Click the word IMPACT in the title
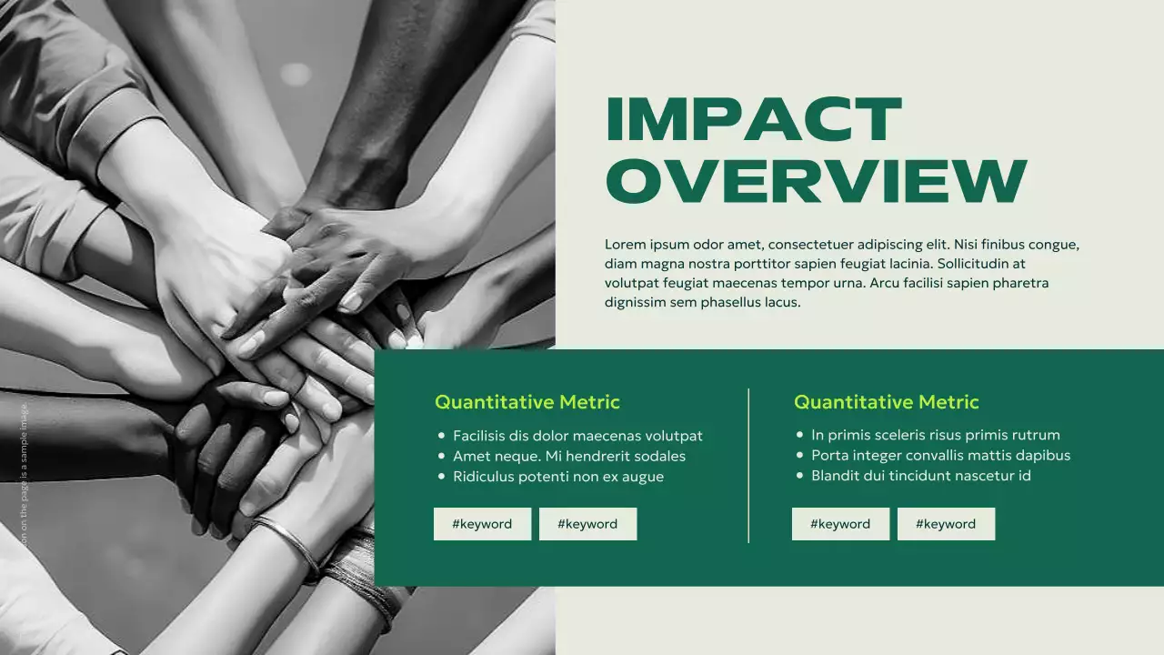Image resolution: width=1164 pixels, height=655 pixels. coord(753,120)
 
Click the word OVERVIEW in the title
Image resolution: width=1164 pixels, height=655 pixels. coord(816,180)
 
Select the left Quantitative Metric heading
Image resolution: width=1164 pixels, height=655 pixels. coord(527,402)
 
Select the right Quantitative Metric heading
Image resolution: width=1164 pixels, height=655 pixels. coord(886,402)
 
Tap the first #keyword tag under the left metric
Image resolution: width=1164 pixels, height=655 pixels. coord(482,524)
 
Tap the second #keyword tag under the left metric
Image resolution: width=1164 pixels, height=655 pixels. coord(587,524)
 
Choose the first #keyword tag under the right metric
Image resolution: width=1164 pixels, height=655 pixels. coord(840,524)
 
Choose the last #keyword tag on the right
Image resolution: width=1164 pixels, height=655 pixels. coord(946,524)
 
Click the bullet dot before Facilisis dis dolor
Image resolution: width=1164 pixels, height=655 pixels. coord(441,436)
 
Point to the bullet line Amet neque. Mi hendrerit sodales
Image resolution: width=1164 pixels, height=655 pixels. coord(568,457)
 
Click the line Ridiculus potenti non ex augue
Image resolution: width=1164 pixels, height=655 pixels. coord(557,477)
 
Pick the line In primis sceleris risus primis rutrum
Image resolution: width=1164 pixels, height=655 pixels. coord(935,435)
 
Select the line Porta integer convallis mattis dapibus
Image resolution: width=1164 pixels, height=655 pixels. coord(940,455)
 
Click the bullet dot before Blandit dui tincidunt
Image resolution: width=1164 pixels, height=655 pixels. coord(800,476)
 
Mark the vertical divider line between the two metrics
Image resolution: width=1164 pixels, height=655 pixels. coord(748,465)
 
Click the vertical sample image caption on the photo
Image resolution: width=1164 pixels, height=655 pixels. coord(25,473)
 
